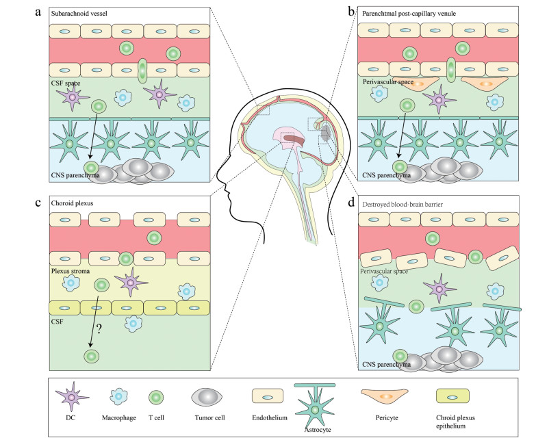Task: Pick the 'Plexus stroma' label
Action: point(71,272)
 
